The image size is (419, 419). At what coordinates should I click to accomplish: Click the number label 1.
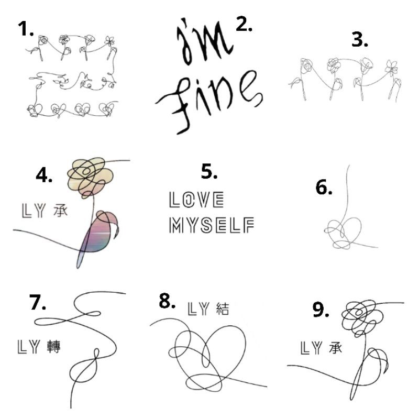tap(26, 29)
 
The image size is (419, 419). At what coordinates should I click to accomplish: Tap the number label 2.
tap(244, 24)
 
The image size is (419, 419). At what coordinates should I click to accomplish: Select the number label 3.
tap(360, 40)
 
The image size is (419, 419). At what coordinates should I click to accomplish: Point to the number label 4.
tap(44, 175)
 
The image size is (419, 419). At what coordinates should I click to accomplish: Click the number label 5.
tap(209, 172)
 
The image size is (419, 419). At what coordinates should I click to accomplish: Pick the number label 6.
tap(324, 187)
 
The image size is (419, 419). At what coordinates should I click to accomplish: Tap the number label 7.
tap(37, 303)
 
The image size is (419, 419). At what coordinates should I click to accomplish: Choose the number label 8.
tap(167, 301)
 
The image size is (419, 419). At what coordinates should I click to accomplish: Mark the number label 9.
tap(321, 310)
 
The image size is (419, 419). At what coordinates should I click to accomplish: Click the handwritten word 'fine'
tap(208, 102)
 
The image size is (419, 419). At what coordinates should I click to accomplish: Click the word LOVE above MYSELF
tap(197, 200)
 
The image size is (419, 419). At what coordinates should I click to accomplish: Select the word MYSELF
tap(212, 225)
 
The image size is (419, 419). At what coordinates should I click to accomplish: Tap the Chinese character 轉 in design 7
tap(54, 347)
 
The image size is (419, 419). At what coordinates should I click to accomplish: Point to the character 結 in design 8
tap(222, 309)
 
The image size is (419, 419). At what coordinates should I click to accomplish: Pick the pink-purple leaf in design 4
tap(99, 235)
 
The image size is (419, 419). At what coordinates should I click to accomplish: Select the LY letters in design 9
tap(311, 348)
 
